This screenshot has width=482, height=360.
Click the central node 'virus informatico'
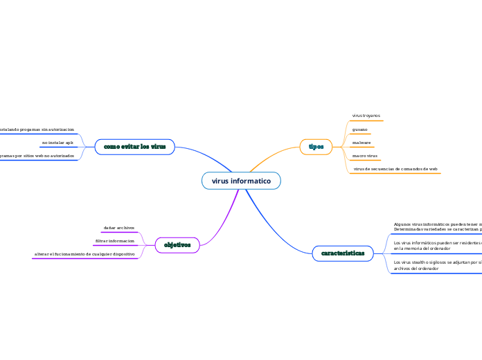(x=241, y=181)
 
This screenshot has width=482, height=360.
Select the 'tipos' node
(x=316, y=147)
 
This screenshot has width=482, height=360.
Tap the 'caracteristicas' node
(x=342, y=254)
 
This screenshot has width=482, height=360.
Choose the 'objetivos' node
(x=177, y=244)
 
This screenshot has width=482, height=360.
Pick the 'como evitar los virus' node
(x=134, y=147)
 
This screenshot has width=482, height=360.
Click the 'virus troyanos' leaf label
(x=366, y=116)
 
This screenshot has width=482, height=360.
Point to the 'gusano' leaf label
(x=359, y=129)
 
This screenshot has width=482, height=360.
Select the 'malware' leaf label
(x=361, y=143)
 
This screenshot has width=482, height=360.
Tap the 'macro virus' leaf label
(x=364, y=156)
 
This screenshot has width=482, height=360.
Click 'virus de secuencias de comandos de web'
(x=395, y=169)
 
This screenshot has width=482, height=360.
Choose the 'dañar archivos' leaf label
(x=119, y=228)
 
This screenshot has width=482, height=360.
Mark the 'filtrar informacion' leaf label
(x=115, y=241)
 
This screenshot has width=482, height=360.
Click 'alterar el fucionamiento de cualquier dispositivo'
(x=84, y=254)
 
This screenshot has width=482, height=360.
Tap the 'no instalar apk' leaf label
(x=57, y=143)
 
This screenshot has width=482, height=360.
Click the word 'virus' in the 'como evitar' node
(x=158, y=147)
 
